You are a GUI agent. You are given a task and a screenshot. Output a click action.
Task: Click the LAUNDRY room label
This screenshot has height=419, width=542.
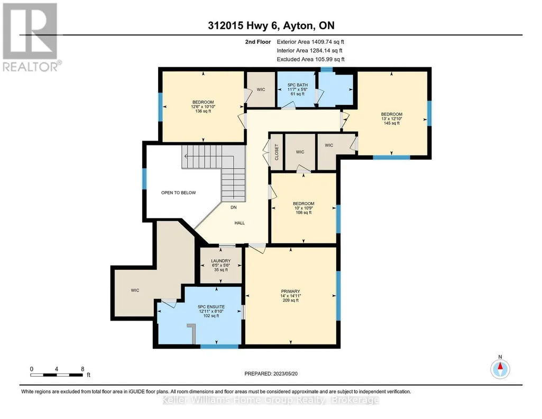pyautogui.click(x=221, y=261)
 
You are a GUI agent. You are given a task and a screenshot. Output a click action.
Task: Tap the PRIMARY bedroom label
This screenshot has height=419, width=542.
pyautogui.click(x=290, y=291)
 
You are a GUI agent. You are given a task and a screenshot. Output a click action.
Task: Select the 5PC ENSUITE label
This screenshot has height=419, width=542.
pyautogui.click(x=211, y=307)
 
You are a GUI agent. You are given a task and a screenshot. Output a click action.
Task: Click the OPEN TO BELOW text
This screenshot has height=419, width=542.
pyautogui.click(x=178, y=193)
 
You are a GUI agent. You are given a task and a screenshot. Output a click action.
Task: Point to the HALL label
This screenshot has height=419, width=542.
pyautogui.click(x=240, y=223)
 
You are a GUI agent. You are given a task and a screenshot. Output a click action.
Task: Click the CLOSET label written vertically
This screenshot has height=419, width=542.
pyautogui.click(x=277, y=152)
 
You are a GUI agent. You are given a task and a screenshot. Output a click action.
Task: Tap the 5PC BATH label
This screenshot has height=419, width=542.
pyautogui.click(x=298, y=85)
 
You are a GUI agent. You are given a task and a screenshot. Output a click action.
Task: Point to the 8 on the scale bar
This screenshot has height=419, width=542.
pyautogui.click(x=82, y=369)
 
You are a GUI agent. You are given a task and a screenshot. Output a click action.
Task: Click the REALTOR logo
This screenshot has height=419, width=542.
pyautogui.click(x=31, y=38)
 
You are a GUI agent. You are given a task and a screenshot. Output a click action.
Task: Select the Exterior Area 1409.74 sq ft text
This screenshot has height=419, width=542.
pyautogui.click(x=310, y=42)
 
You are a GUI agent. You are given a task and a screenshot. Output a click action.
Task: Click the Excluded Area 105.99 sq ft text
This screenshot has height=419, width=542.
pyautogui.click(x=311, y=59)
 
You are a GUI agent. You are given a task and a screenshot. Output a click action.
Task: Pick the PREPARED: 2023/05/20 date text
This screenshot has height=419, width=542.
pyautogui.click(x=271, y=374)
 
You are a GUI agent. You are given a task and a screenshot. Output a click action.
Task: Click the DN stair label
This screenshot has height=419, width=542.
pyautogui.click(x=234, y=207)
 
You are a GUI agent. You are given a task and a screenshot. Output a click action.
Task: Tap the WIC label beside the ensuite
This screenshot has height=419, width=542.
pyautogui.click(x=135, y=290)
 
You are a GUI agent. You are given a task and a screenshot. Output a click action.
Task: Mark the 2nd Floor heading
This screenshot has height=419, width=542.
pyautogui.click(x=258, y=42)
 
